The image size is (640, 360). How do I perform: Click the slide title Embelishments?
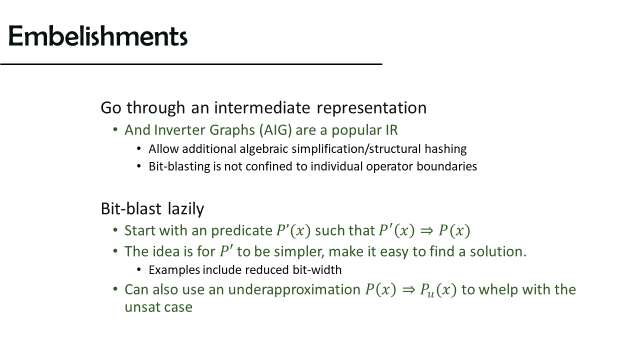coord(98,36)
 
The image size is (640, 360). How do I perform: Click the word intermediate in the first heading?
coord(262,107)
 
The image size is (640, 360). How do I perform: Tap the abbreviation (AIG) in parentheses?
coord(275,130)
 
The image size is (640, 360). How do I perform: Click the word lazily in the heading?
coord(185,209)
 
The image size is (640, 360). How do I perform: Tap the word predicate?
coord(241,231)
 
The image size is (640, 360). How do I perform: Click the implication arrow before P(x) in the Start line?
coord(427,231)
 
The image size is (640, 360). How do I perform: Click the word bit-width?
coord(317,269)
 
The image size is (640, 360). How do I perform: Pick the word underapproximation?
coord(294,290)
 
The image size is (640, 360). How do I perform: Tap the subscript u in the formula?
coord(430,294)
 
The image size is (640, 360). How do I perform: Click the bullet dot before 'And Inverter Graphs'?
coord(115,129)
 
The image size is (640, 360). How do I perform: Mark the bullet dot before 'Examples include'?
coord(139,269)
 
